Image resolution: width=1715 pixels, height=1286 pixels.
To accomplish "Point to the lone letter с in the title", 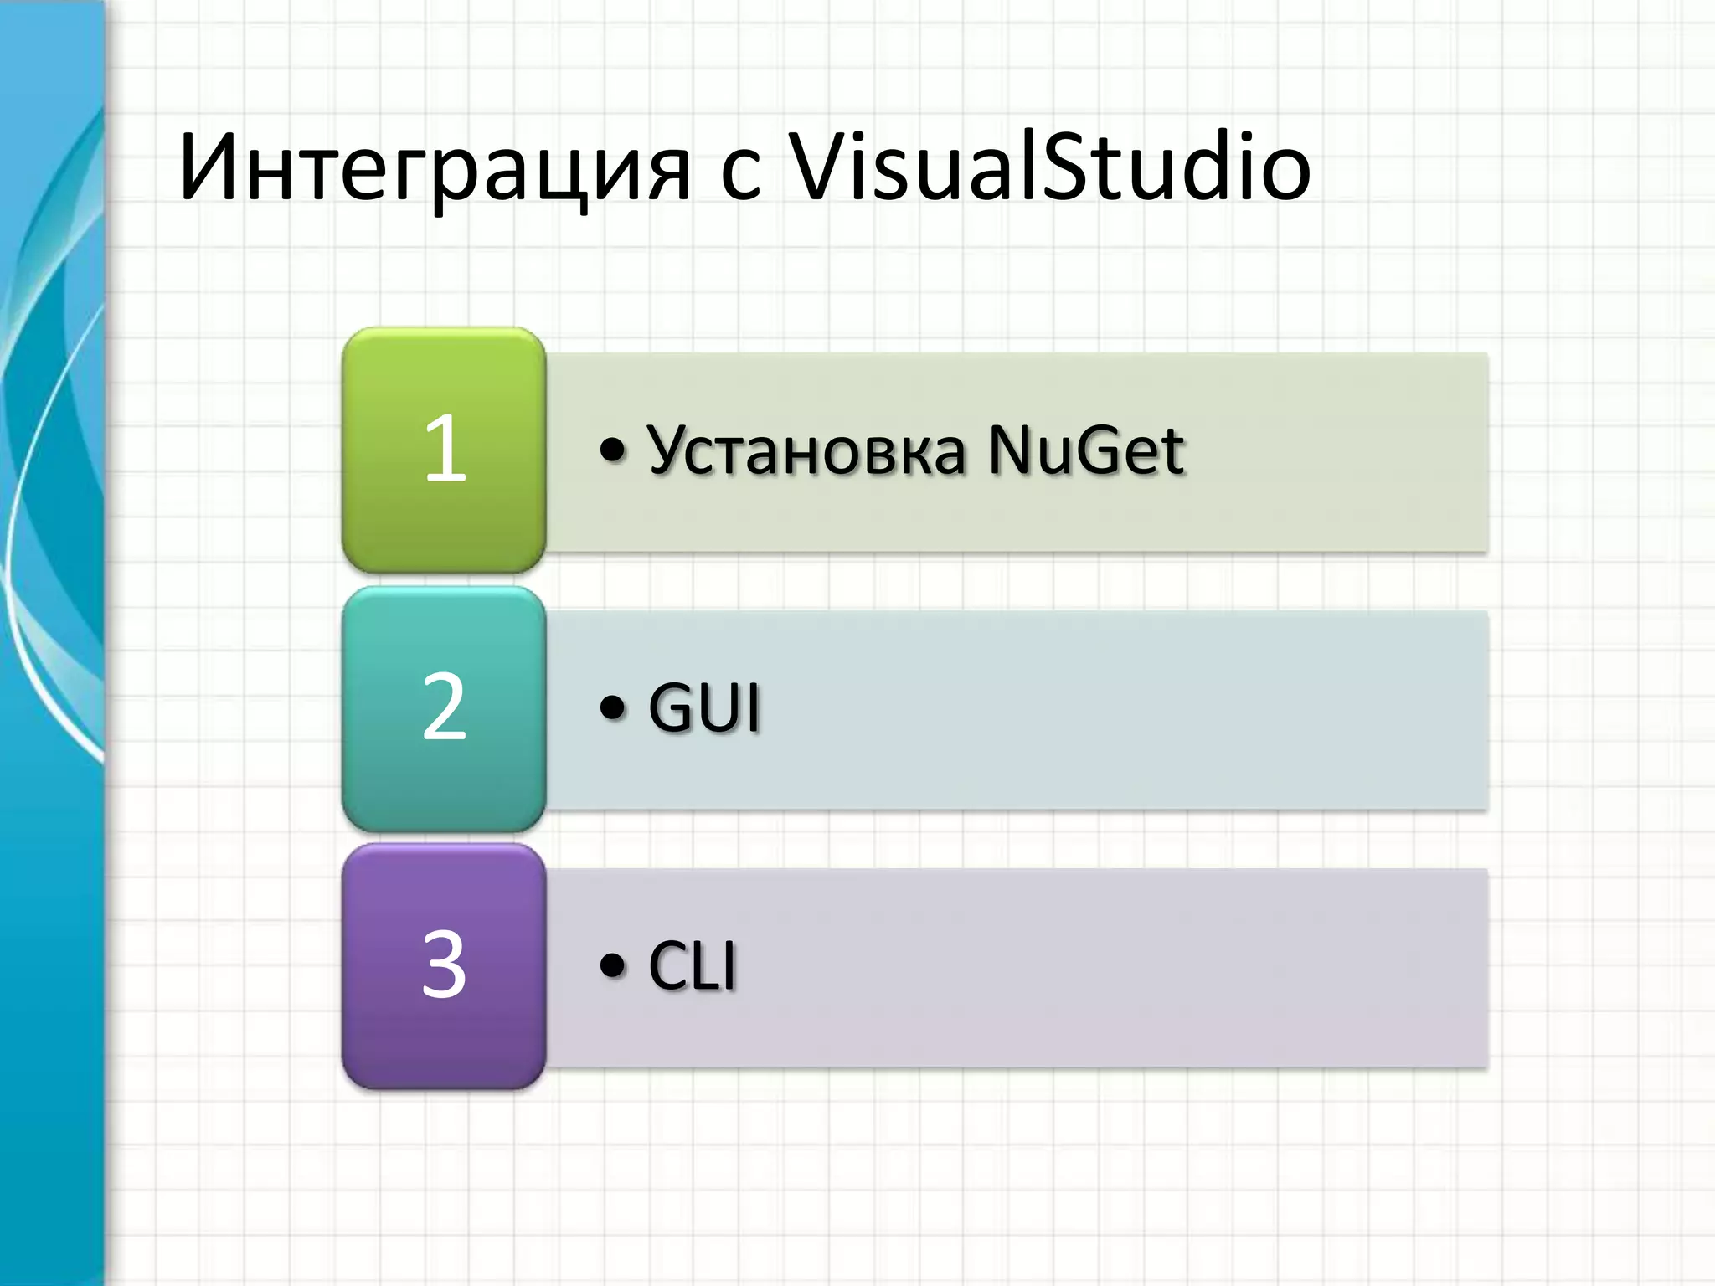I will pos(740,177).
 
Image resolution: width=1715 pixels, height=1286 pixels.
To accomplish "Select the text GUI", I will pos(704,708).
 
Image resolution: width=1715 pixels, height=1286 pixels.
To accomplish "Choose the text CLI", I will pos(692,965).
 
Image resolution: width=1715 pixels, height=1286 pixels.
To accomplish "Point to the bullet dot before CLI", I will pos(613,965).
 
